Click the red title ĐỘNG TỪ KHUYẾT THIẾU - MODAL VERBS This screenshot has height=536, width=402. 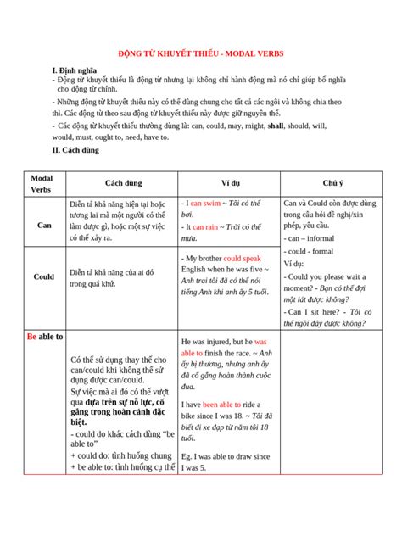[x=200, y=52]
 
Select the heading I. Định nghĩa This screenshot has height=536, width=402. [x=76, y=70]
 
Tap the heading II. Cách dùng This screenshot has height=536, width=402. [x=75, y=150]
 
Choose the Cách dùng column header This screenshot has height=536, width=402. [x=123, y=183]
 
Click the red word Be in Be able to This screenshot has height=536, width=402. [x=32, y=337]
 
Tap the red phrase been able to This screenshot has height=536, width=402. [x=222, y=405]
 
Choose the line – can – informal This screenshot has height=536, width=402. [x=309, y=239]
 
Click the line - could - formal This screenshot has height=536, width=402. [x=310, y=252]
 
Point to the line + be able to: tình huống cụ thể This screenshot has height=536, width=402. [x=122, y=467]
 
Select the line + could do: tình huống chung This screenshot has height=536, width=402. [x=122, y=455]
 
